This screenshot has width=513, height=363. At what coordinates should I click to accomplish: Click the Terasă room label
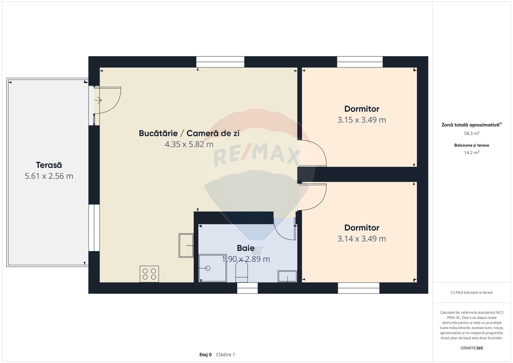49,165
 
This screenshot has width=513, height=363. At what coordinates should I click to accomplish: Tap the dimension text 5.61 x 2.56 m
49,176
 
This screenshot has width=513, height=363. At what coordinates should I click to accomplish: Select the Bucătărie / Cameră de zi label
189,133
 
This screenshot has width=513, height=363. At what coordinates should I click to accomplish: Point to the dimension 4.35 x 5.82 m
189,144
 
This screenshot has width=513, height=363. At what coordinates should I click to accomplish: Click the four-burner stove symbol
149,274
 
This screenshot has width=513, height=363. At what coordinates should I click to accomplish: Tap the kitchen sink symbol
186,245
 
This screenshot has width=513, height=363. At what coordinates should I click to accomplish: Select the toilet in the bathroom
242,271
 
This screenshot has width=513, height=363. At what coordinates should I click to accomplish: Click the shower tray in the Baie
213,268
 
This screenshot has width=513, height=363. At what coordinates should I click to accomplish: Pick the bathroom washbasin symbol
287,276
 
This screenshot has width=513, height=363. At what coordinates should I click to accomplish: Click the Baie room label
246,248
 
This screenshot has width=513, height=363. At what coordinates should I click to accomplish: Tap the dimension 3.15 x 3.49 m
362,120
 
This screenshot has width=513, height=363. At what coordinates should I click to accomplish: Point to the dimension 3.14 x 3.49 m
362,238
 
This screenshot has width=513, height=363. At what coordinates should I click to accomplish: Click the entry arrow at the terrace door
98,101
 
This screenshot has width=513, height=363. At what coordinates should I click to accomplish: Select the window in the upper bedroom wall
360,62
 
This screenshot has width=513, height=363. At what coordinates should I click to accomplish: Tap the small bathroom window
247,288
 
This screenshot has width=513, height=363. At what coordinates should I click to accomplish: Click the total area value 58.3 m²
472,133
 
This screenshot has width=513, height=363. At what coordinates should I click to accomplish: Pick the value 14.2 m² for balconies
472,153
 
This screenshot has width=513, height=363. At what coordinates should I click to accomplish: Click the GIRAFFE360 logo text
472,348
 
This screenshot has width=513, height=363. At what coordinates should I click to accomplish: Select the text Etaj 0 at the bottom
205,355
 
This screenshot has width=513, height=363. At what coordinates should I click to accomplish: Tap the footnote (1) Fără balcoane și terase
472,292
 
